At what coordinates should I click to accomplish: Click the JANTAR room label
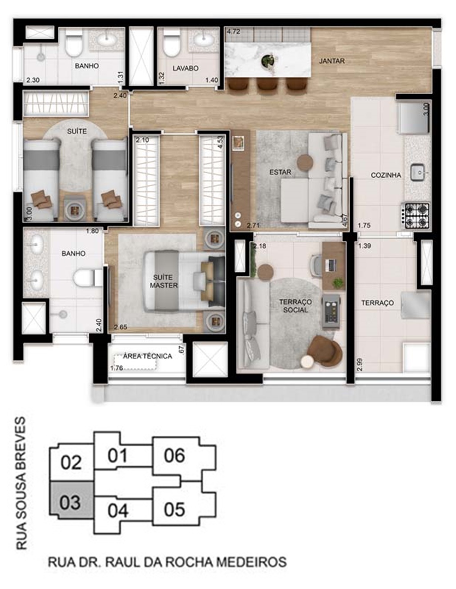(332, 61)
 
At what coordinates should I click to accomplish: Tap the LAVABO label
(186, 68)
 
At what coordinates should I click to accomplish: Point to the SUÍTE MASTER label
(164, 281)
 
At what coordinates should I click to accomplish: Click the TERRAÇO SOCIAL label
(295, 306)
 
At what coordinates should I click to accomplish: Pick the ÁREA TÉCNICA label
(148, 356)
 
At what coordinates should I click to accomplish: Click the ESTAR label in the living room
(280, 172)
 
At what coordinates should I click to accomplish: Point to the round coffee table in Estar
(305, 163)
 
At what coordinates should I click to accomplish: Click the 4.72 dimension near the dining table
(234, 32)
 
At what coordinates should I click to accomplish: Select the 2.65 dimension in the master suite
(120, 327)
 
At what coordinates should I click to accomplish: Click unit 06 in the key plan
(174, 455)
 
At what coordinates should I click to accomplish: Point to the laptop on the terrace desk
(331, 265)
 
